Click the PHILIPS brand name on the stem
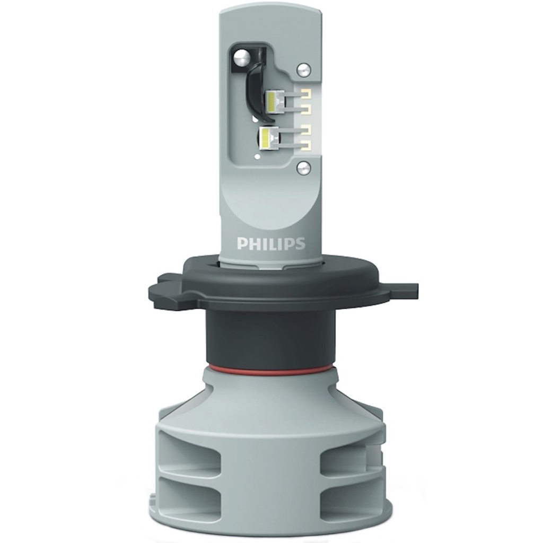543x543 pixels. click(x=271, y=244)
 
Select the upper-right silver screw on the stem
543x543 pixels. click(x=303, y=68)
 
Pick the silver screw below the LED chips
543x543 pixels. click(x=303, y=168)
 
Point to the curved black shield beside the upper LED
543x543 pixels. click(x=254, y=90)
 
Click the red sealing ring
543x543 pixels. click(x=271, y=366)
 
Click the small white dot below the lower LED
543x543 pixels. click(x=257, y=156)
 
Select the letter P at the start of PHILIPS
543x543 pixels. click(x=242, y=244)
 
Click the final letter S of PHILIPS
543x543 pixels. click(x=300, y=244)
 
